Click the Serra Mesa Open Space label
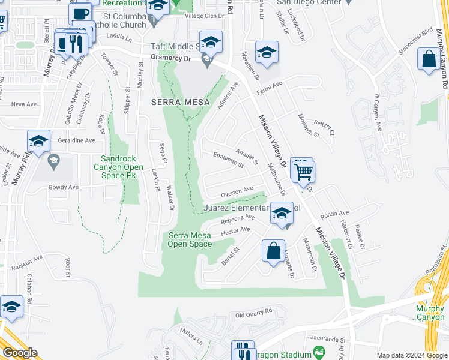pyautogui.click(x=190, y=239)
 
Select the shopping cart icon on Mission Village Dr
pyautogui.click(x=304, y=172)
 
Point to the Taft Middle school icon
pyautogui.click(x=211, y=42)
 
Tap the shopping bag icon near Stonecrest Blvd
pyautogui.click(x=429, y=60)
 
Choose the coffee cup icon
pyautogui.click(x=80, y=13)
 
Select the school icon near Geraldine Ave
pyautogui.click(x=38, y=142)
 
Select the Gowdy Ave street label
pyautogui.click(x=64, y=187)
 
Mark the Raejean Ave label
pyautogui.click(x=29, y=259)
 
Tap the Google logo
pyautogui.click(x=19, y=353)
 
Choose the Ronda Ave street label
pyautogui.click(x=335, y=214)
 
